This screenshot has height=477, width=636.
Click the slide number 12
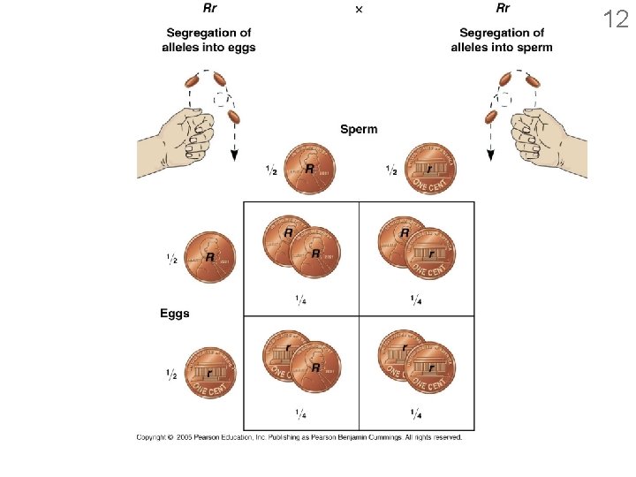(616, 19)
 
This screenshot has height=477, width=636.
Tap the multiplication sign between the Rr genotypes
(358, 9)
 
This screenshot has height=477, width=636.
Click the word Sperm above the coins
(359, 129)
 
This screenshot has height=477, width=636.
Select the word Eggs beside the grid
(175, 314)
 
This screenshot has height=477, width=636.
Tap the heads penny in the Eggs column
(209, 257)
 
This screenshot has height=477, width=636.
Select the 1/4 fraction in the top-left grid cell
(301, 299)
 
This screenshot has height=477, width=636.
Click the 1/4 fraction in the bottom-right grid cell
(415, 413)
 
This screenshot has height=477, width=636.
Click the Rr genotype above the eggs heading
(210, 9)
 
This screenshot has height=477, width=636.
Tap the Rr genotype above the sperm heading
(502, 9)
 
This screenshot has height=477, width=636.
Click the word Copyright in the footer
(153, 437)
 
